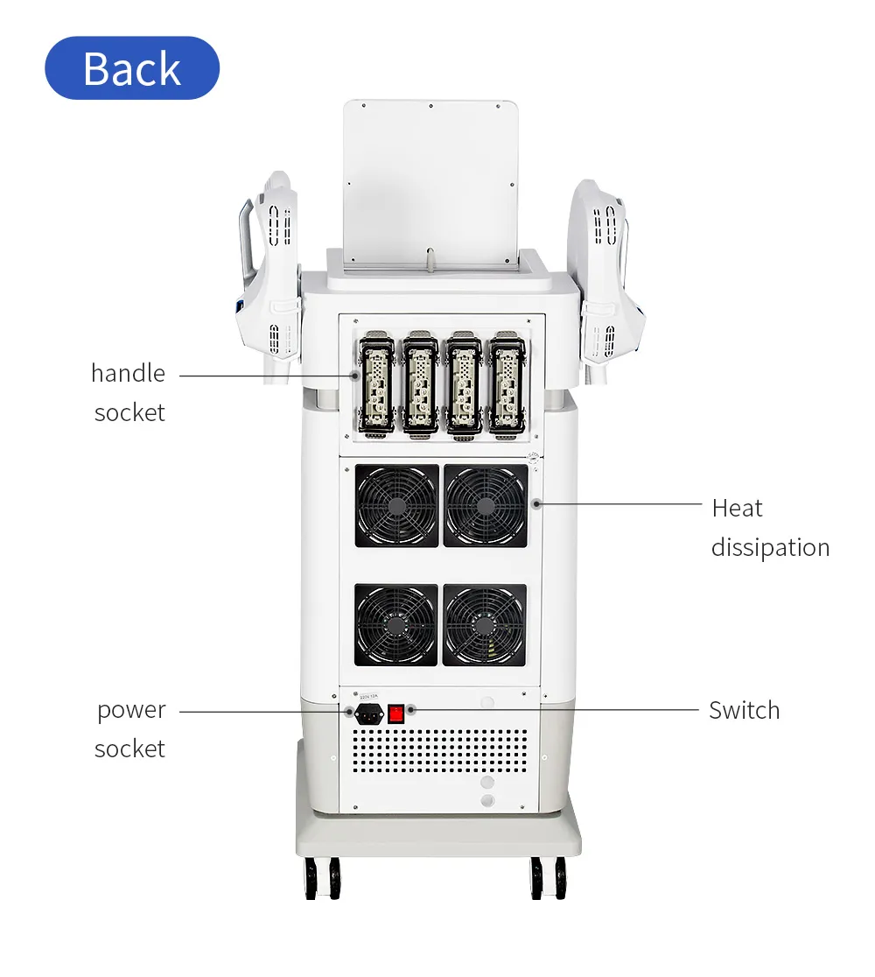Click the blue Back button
[x=132, y=68]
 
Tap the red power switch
[x=396, y=713]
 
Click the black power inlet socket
[x=368, y=714]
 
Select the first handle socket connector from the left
[x=377, y=383]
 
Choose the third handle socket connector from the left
[x=464, y=383]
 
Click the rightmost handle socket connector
[x=507, y=383]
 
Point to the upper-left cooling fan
[x=396, y=506]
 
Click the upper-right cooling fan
[x=485, y=506]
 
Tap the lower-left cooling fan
[x=396, y=625]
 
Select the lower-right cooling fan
[x=485, y=625]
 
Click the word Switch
[x=745, y=710]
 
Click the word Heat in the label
[x=737, y=509]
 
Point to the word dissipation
[x=770, y=548]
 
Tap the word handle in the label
[x=129, y=373]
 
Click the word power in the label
[x=131, y=711]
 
